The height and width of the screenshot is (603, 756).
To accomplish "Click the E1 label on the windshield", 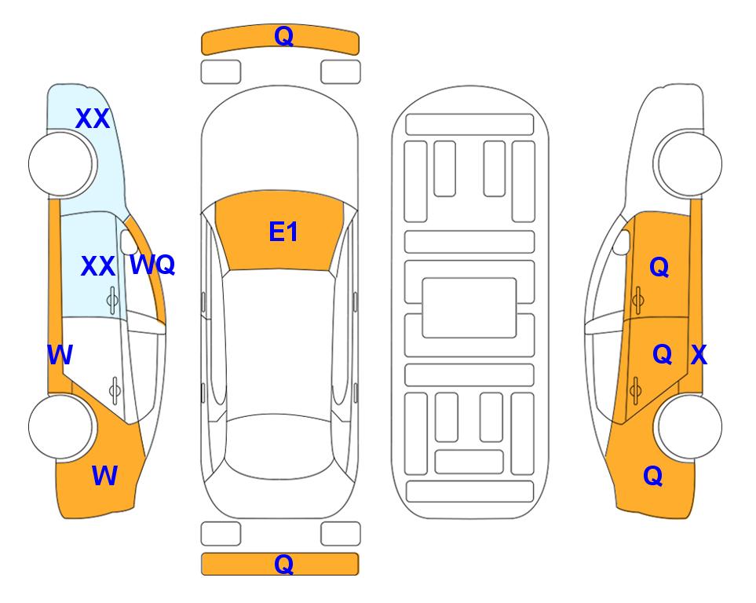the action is click(283, 232).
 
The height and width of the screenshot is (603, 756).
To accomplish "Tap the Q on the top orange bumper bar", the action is click(283, 35).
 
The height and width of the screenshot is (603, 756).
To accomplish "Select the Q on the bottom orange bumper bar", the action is click(283, 564).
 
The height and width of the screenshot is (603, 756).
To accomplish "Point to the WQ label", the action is click(152, 265).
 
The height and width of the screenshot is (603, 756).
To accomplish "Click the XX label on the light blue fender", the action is click(93, 119).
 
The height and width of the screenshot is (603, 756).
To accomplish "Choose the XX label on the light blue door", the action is click(98, 266).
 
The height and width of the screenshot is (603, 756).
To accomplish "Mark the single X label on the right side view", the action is click(699, 355).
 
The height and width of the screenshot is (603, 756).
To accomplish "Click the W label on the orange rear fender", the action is click(104, 476).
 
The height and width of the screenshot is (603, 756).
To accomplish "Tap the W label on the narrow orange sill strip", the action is click(60, 355).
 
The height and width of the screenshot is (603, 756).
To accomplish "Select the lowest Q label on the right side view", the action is click(653, 476).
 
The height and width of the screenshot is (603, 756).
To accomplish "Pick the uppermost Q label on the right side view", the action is click(659, 267).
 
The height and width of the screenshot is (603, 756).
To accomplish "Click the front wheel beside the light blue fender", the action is click(61, 164).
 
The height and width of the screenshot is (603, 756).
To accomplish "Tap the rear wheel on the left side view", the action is click(61, 427).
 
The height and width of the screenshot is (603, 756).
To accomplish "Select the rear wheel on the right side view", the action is click(689, 427).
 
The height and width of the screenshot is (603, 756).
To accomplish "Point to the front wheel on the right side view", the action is click(689, 164).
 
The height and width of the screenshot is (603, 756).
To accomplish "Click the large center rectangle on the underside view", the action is click(469, 308).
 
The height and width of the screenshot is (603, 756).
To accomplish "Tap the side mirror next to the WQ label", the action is click(128, 242).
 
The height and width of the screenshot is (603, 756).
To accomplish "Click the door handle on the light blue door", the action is click(112, 301).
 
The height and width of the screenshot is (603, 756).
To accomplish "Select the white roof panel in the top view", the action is click(279, 344).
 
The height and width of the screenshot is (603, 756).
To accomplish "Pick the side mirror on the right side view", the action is click(622, 242).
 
